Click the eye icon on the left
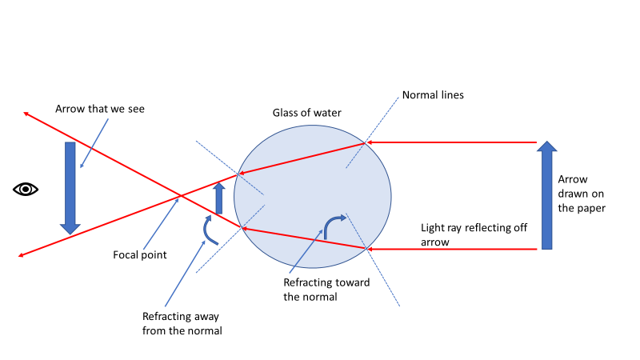click(26, 189)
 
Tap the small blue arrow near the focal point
click(219, 198)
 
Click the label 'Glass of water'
click(307, 113)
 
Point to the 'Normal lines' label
click(433, 94)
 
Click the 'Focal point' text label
click(139, 255)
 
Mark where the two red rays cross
click(179, 195)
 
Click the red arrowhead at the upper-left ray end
click(26, 114)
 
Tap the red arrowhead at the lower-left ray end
click(19, 255)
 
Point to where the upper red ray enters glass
click(365, 142)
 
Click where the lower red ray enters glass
click(366, 250)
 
